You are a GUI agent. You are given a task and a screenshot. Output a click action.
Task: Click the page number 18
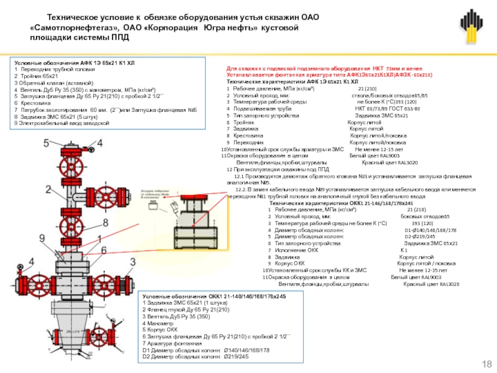486,363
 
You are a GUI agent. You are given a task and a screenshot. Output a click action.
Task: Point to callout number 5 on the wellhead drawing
45,143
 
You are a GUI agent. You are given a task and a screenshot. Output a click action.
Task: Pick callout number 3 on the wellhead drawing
132,262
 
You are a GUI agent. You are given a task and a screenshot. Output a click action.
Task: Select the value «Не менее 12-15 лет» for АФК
379,150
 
